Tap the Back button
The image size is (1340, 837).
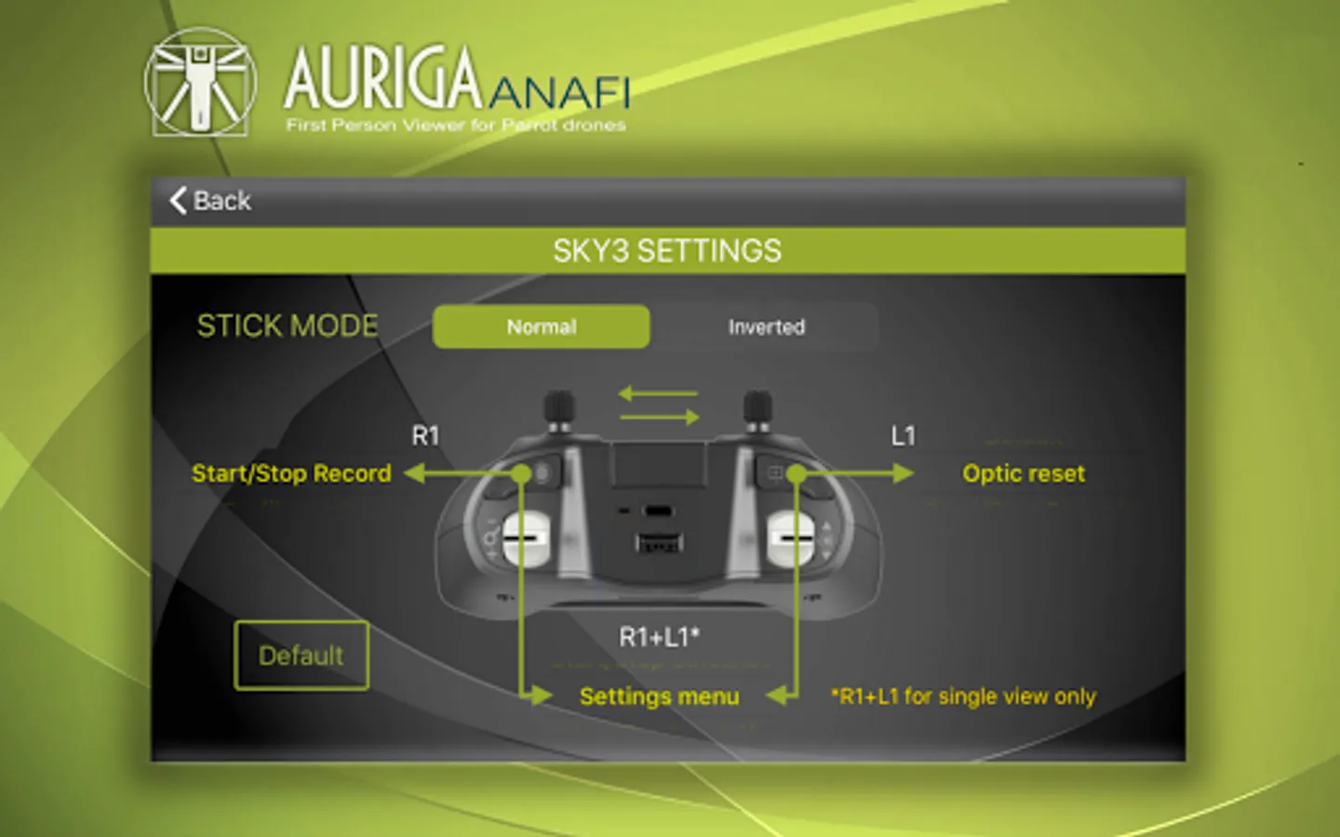211,201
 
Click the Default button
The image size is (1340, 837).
301,656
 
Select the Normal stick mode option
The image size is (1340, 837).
542,327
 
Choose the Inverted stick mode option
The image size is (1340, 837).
766,327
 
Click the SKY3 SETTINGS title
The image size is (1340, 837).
667,251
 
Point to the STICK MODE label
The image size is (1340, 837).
288,326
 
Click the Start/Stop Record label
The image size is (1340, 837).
291,473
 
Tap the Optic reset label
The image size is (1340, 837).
1024,473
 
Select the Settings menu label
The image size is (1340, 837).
659,697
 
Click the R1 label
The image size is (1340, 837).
425,435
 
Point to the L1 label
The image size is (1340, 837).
904,435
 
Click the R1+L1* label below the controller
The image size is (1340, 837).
659,637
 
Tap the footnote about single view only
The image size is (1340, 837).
963,697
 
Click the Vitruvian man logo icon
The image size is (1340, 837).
200,82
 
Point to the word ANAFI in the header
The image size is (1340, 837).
559,93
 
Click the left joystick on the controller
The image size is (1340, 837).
558,407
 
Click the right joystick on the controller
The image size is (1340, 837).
757,407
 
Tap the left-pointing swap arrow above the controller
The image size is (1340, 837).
657,393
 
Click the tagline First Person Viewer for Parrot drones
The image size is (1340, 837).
456,126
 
